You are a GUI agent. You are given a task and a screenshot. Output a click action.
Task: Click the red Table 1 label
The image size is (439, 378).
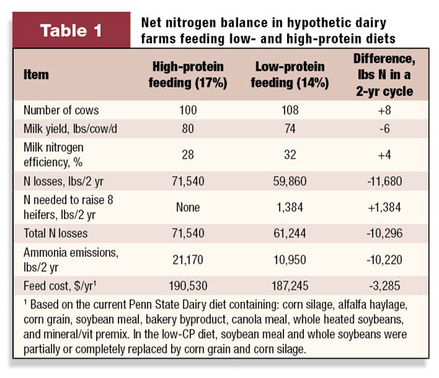[x=71, y=30]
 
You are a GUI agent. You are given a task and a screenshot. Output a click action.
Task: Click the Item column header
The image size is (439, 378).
[x=36, y=75]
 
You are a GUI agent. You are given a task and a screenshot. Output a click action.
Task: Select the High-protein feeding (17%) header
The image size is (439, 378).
[x=188, y=75]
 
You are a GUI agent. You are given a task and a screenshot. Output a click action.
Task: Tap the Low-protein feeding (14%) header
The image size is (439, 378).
[x=290, y=75]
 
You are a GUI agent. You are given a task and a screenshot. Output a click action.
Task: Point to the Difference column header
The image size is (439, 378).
[x=384, y=75]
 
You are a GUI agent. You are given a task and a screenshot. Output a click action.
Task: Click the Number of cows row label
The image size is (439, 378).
[x=61, y=110]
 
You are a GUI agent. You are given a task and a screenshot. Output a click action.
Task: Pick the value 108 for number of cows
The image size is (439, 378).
[x=290, y=110]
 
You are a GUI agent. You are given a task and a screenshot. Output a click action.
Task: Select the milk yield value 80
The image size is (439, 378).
[x=188, y=129]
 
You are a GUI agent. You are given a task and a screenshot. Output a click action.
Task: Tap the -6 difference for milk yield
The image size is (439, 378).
[x=385, y=129]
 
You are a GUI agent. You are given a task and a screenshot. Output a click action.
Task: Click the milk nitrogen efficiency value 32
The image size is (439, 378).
[x=290, y=155]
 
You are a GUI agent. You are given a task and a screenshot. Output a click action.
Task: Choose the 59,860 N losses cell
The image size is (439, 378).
[x=290, y=181]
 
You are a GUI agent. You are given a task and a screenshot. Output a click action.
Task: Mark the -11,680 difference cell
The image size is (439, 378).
[x=385, y=181]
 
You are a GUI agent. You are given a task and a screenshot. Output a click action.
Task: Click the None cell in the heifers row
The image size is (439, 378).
[x=188, y=207]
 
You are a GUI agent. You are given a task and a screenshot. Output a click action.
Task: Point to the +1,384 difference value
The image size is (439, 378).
[x=384, y=207]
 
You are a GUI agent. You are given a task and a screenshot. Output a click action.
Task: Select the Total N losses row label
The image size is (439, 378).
[x=56, y=233]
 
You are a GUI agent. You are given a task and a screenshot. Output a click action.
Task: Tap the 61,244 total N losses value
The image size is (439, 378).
[x=290, y=233]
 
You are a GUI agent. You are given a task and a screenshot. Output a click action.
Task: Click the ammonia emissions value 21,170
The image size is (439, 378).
[x=188, y=260]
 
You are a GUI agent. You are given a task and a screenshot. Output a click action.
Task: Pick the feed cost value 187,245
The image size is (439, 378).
[x=290, y=286]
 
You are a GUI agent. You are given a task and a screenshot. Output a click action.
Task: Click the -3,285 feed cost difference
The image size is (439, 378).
[x=385, y=286]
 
